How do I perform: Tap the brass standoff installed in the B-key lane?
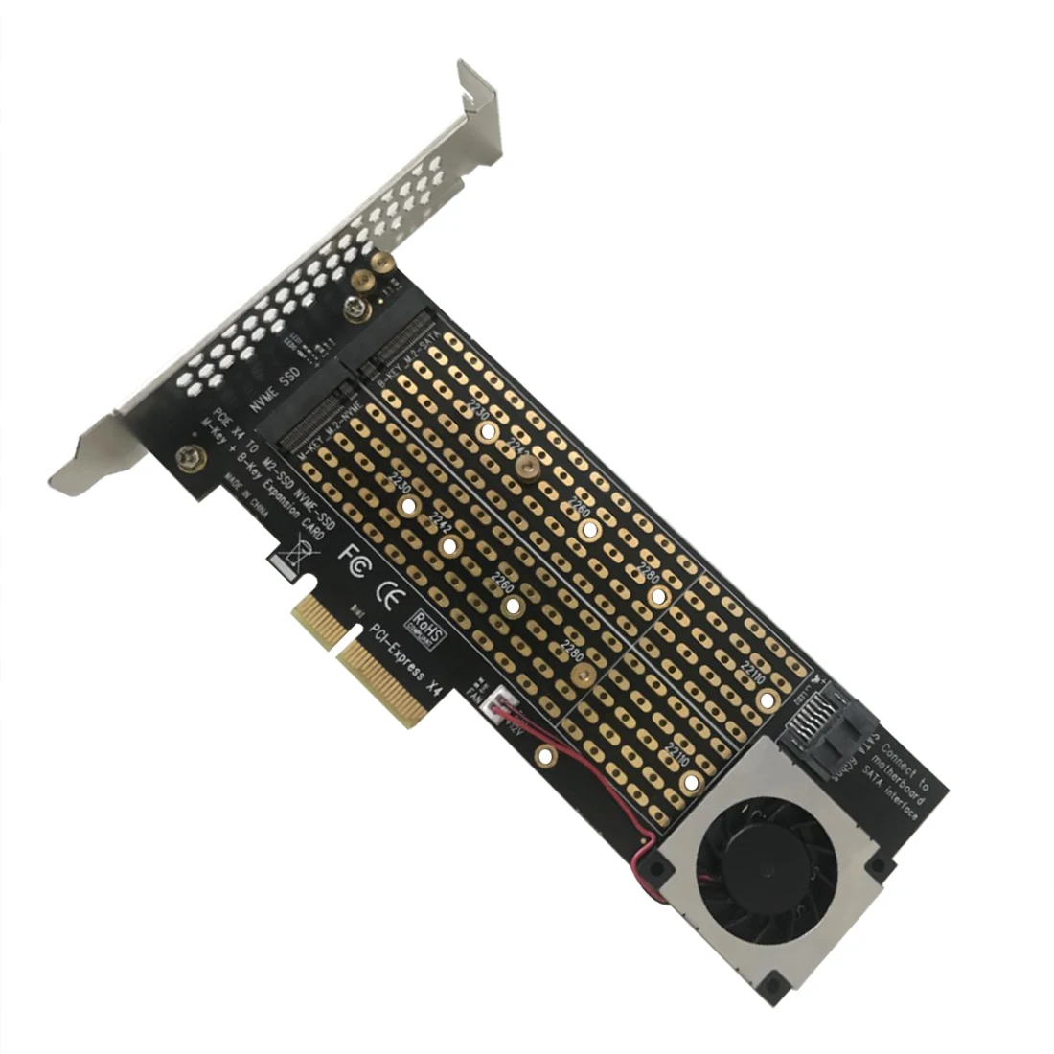pyautogui.click(x=526, y=467)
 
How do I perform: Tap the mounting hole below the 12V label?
pyautogui.click(x=544, y=756)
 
